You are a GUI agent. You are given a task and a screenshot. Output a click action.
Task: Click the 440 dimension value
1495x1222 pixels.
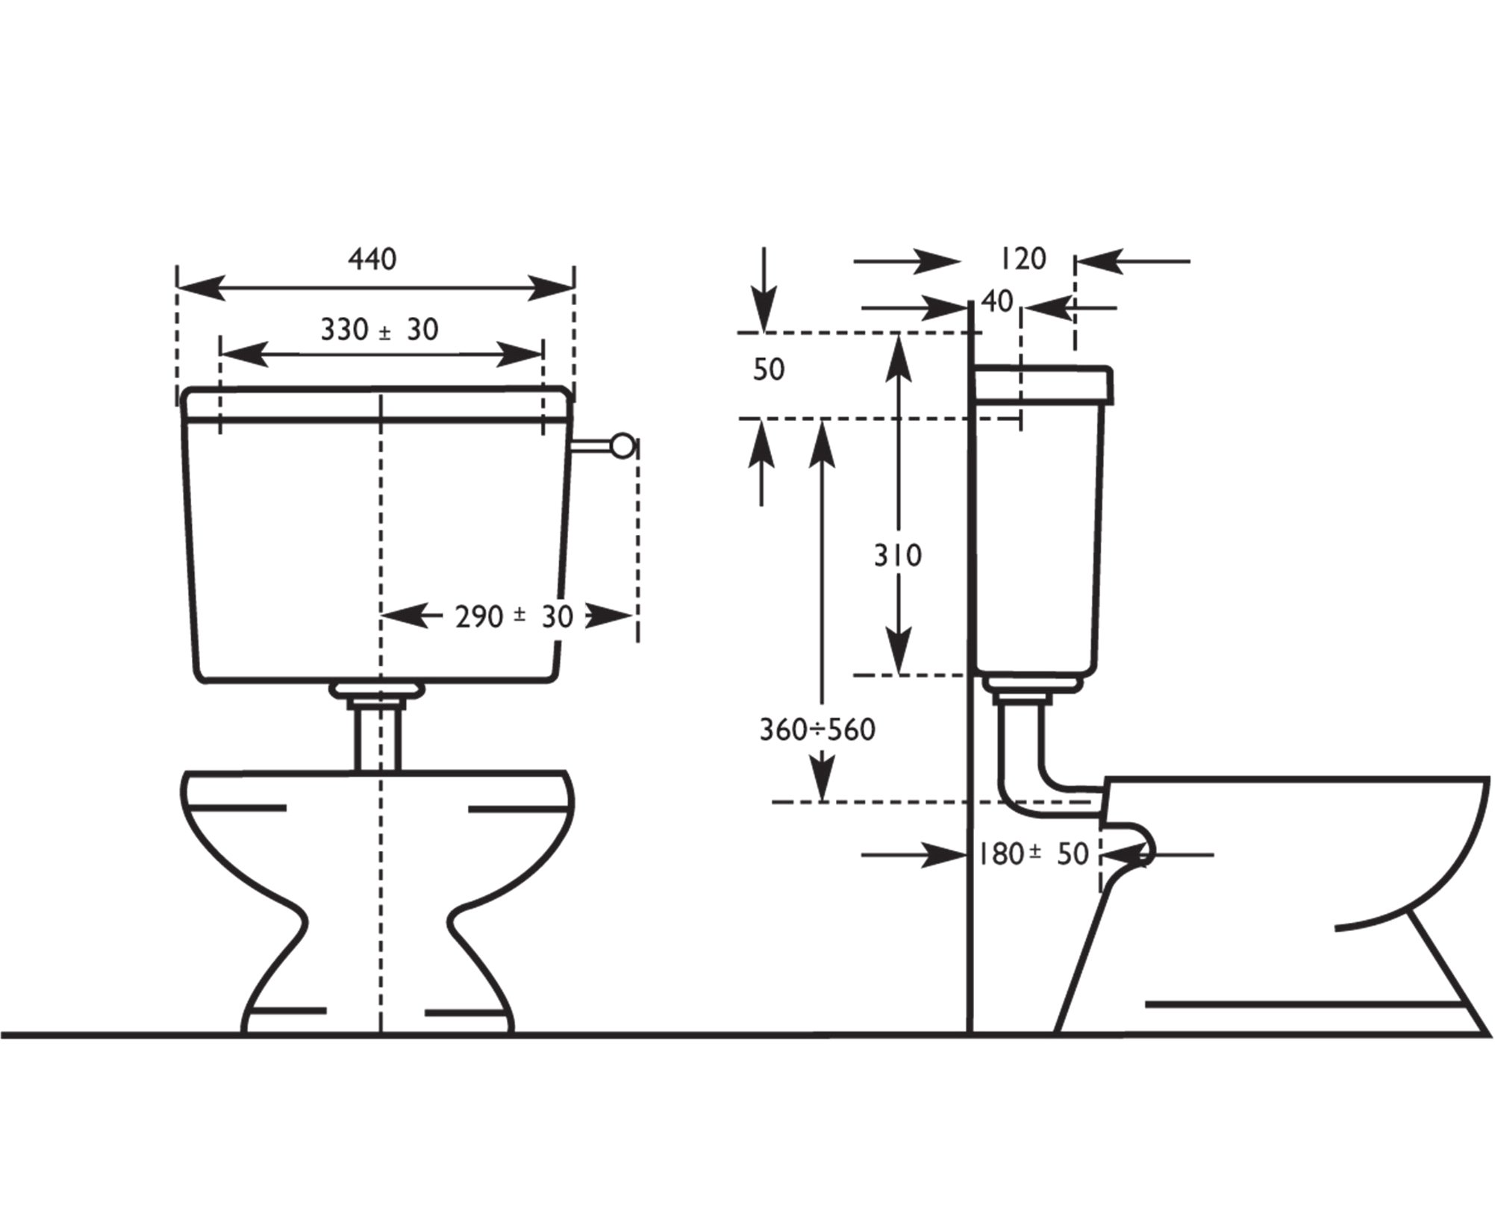click(x=372, y=259)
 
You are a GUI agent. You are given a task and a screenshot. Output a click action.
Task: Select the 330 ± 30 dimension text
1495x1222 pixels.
click(x=379, y=329)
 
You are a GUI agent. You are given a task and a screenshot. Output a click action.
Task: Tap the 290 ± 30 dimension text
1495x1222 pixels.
click(x=514, y=616)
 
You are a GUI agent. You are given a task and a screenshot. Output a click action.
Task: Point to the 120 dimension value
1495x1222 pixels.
click(x=1023, y=259)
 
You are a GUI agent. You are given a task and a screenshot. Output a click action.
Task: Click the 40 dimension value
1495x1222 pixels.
click(x=997, y=301)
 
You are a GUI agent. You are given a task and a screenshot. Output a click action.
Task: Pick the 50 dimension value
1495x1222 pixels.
click(x=769, y=369)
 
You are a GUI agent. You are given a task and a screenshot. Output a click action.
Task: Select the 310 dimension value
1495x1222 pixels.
click(x=898, y=555)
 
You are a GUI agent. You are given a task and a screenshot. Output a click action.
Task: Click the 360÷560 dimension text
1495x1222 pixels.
click(x=817, y=730)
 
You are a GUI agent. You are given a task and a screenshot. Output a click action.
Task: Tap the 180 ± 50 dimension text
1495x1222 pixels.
click(x=1034, y=854)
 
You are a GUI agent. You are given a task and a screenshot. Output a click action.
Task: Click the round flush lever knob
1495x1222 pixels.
click(x=622, y=446)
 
